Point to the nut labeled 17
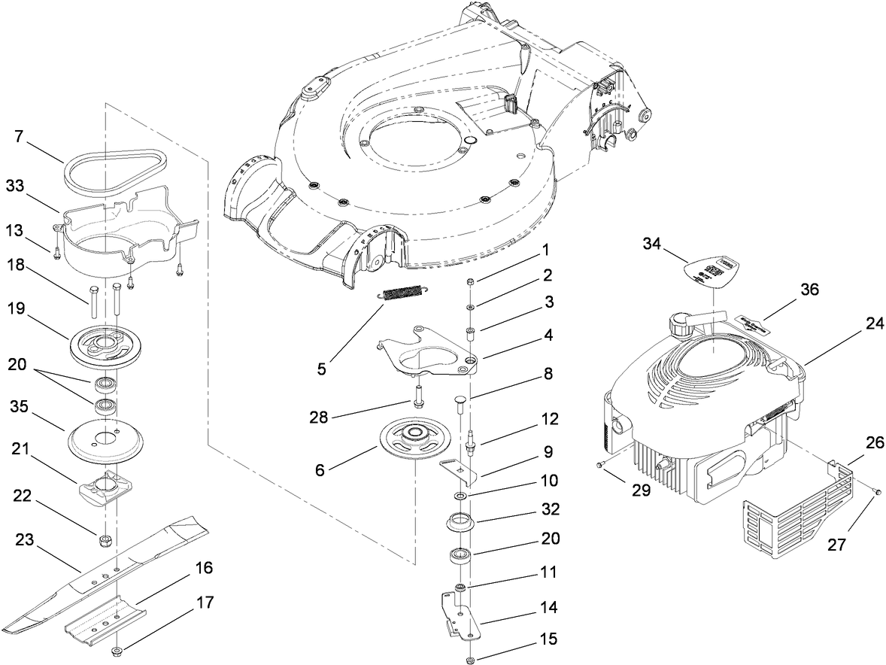(x=118, y=651)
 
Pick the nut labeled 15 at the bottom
(x=469, y=660)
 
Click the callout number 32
(x=550, y=509)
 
